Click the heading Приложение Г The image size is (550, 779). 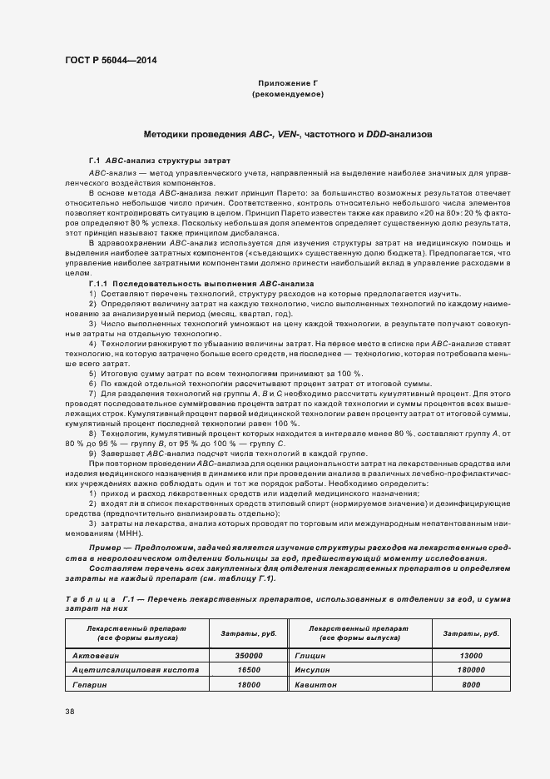[287, 84]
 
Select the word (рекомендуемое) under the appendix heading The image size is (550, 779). [287, 95]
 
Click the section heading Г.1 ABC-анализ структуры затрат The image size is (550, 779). [154, 159]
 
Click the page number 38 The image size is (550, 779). [69, 712]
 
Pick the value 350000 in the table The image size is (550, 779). [248, 655]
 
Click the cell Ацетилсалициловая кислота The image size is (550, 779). [136, 669]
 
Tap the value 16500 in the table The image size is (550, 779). [248, 669]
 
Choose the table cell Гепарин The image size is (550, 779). [91, 683]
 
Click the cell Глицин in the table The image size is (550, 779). [310, 655]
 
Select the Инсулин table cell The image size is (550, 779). [313, 669]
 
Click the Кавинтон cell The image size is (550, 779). [315, 683]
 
